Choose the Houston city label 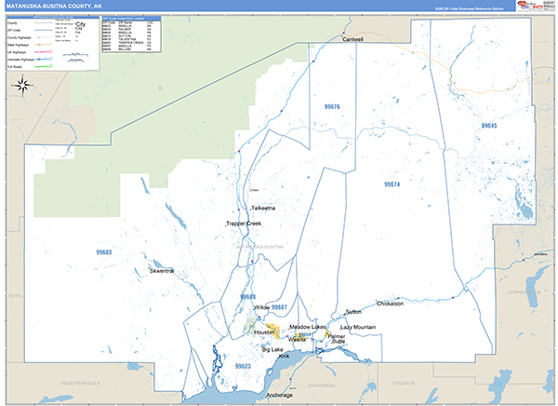pos(265,332)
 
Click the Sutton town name pos(353,311)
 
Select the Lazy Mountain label pos(358,328)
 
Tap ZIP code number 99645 pos(489,126)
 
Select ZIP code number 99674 pos(392,185)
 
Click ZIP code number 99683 pos(103,252)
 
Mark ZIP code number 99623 pos(243,367)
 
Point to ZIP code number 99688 pos(247,297)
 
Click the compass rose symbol pos(22,88)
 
